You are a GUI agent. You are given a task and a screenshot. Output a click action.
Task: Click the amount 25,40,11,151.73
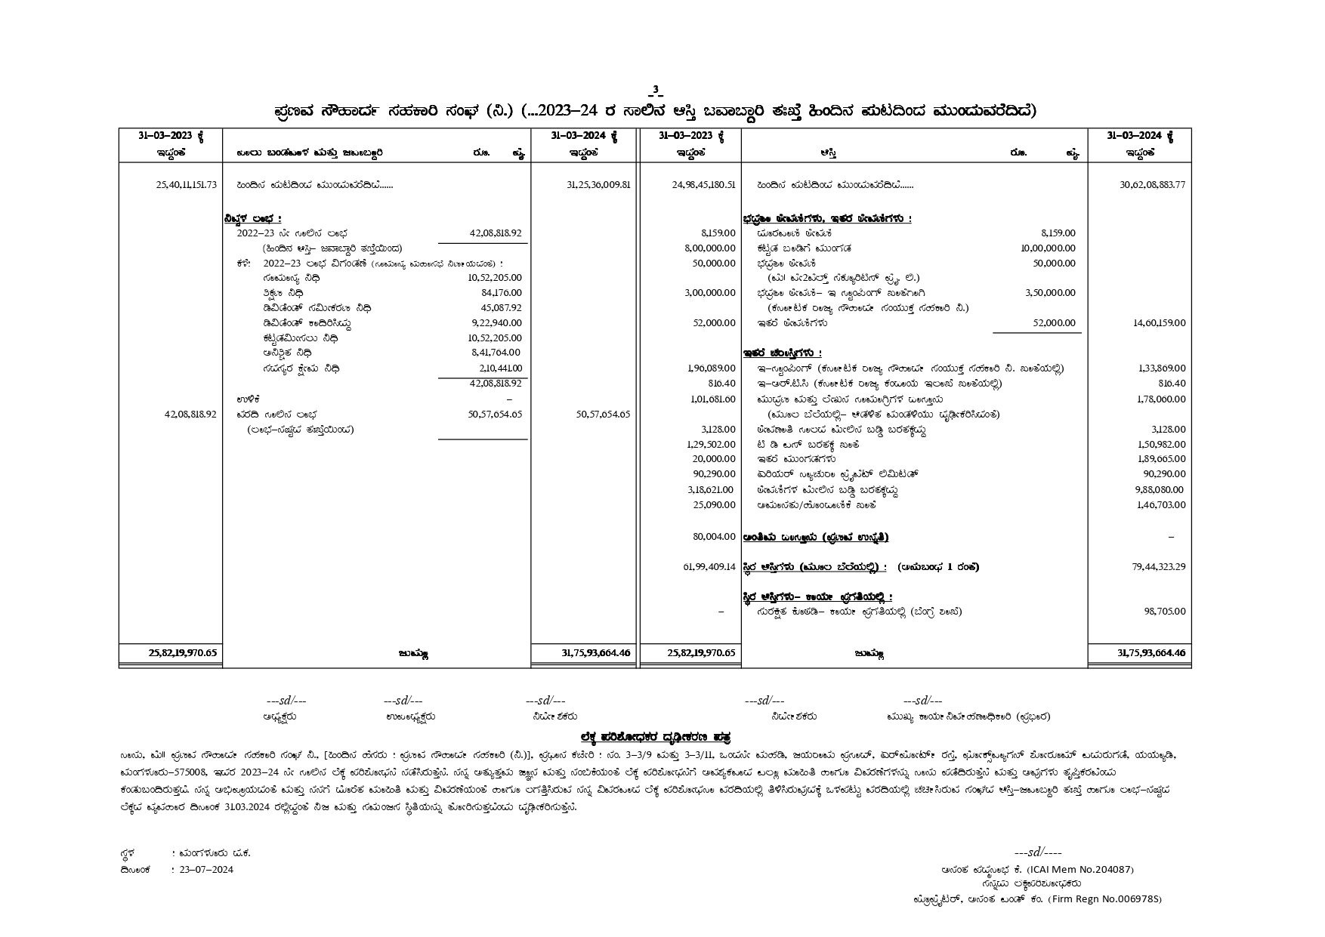[186, 185]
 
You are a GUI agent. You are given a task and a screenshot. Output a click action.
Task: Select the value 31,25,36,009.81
[598, 185]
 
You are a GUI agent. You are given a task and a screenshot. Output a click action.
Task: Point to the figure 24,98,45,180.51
[703, 185]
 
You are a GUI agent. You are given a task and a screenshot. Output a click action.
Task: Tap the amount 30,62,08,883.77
[1152, 185]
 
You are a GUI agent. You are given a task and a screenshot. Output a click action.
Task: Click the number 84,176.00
[501, 293]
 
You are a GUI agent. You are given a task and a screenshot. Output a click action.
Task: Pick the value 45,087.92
[501, 308]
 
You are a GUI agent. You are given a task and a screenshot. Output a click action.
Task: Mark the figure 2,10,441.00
[500, 368]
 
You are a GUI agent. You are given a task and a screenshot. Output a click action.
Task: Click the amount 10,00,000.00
[1048, 248]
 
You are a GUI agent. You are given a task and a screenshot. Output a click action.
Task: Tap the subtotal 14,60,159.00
[1159, 323]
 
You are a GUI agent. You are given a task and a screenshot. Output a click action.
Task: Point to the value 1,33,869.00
[1161, 368]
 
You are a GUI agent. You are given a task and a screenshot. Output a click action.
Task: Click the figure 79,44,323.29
[1158, 567]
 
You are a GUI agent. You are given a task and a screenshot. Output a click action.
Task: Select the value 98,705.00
[1164, 612]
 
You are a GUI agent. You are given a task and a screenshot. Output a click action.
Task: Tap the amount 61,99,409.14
[709, 567]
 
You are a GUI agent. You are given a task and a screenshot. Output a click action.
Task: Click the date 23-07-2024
[206, 870]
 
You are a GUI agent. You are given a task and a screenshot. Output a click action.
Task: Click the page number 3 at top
[656, 91]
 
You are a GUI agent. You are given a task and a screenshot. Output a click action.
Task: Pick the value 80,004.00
[714, 537]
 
